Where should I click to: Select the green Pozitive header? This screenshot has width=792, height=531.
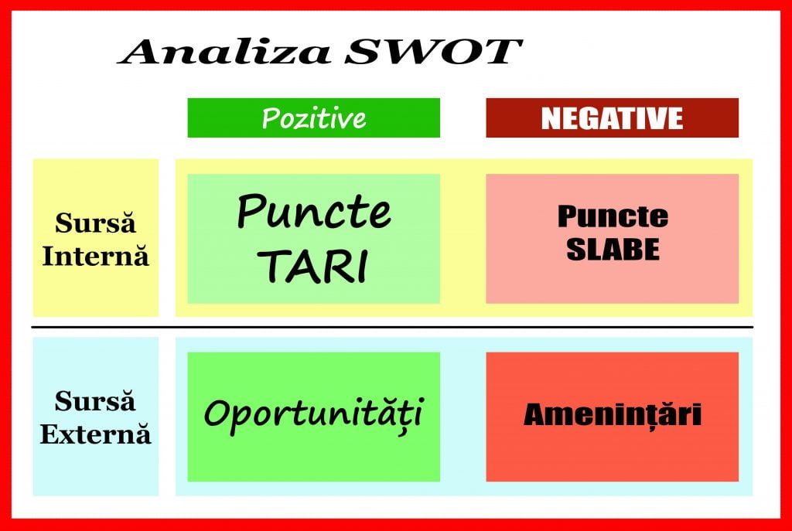coord(313,118)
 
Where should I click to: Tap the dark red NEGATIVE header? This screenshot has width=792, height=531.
coord(612,118)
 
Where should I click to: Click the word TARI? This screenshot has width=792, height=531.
coord(313,265)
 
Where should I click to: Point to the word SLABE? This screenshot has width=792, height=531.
coord(613,250)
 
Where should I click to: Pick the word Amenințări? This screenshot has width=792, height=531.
coord(613,415)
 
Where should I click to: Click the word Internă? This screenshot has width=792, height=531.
coord(94,256)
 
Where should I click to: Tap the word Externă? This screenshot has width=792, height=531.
coord(95,434)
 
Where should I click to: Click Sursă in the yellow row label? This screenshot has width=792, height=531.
coord(95,224)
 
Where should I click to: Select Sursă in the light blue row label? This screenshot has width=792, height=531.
coord(95,402)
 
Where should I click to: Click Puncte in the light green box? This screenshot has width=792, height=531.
coord(313,210)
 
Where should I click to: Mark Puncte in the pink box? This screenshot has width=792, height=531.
coord(613,216)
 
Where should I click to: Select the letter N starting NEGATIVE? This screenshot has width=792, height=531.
coord(550,118)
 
